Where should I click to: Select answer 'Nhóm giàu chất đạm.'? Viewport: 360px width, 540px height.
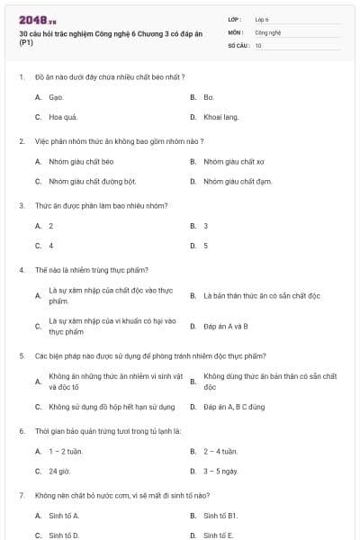[x=238, y=181]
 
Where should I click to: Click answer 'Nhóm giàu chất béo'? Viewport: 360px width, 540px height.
[x=80, y=161]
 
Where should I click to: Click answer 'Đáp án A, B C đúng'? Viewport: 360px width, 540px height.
[x=234, y=406]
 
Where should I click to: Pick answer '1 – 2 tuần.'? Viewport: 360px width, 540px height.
[x=67, y=451]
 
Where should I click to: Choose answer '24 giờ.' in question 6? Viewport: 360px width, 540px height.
[x=59, y=471]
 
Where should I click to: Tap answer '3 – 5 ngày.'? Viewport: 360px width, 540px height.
[x=220, y=471]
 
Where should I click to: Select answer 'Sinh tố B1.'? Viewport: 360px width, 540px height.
[x=220, y=516]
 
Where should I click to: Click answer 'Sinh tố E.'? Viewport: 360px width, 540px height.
[x=218, y=535]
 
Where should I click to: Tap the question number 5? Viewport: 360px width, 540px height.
[x=21, y=355]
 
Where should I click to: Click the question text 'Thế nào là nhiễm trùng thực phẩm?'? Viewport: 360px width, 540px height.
[x=79, y=269]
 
